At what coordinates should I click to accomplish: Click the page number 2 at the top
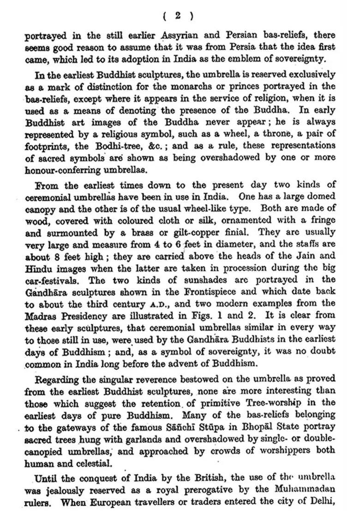178,16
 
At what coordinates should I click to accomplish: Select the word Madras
41,316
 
